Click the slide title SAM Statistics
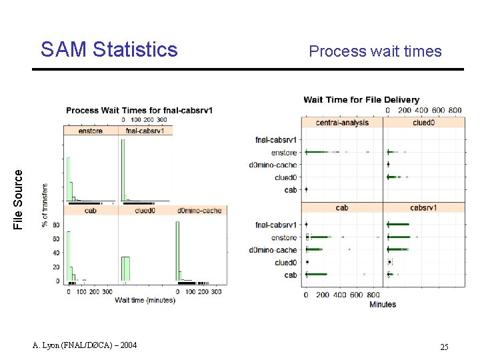[109, 50]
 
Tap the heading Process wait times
[375, 51]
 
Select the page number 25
[444, 347]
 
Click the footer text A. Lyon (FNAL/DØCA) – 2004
[85, 345]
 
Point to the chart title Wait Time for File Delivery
[361, 100]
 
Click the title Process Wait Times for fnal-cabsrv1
[139, 110]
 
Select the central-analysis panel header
[342, 123]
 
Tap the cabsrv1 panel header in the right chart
[423, 207]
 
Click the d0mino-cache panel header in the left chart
[199, 211]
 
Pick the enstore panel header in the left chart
[90, 131]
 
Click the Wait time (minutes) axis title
[145, 300]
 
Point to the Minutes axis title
[382, 304]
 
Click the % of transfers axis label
[45, 205]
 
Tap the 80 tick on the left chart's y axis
[56, 225]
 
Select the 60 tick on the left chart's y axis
[56, 239]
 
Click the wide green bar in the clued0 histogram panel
[125, 269]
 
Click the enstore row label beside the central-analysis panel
[284, 153]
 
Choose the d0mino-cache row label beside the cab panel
[273, 250]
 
